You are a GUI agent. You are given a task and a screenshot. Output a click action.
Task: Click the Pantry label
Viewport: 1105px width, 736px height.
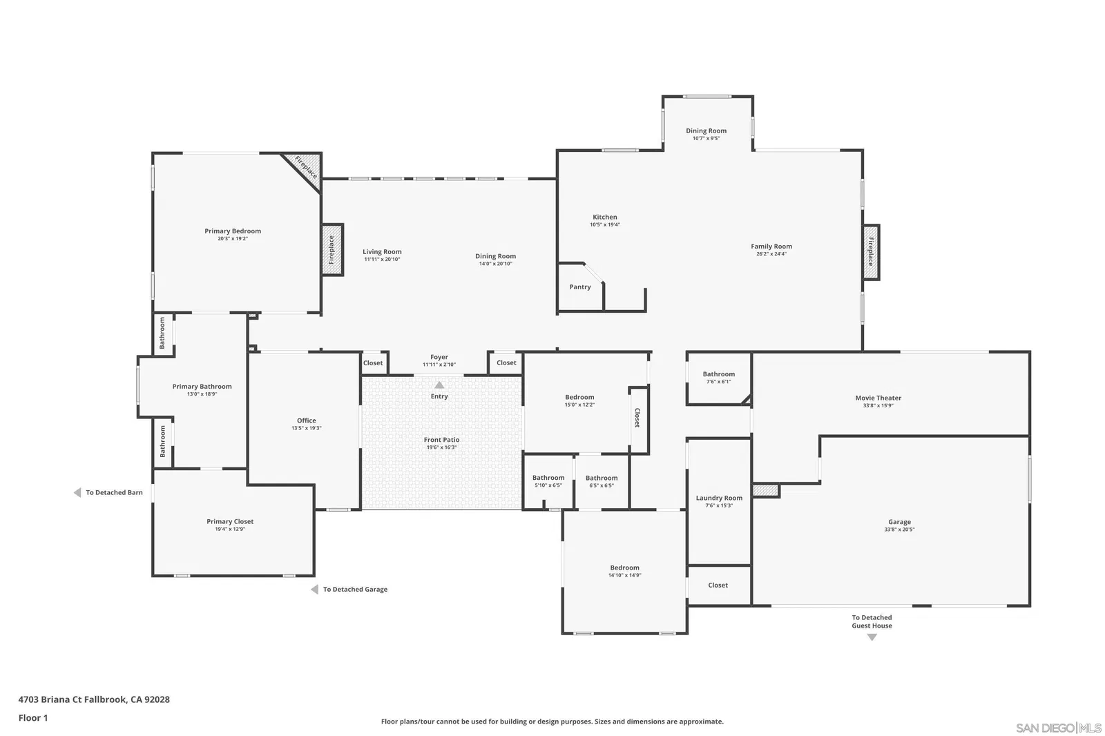[x=579, y=287]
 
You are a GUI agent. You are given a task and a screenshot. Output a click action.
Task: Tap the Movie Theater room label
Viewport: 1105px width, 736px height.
[x=878, y=398]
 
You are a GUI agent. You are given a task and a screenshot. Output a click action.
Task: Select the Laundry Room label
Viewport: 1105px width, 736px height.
[x=719, y=498]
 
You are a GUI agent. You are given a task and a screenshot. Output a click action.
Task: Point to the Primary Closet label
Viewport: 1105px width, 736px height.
[x=230, y=521]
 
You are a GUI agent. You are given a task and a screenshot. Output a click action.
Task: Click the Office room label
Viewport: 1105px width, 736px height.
[x=307, y=420]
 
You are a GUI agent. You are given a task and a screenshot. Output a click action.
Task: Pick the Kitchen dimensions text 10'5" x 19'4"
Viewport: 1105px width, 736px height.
[x=605, y=224]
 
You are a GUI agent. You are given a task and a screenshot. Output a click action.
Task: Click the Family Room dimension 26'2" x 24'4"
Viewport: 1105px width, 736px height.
[x=771, y=254]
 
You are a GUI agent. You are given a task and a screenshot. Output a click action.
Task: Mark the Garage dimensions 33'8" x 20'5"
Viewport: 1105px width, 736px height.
[x=899, y=530]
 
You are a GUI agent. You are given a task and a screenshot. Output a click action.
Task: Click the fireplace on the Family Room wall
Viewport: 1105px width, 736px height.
[x=871, y=251]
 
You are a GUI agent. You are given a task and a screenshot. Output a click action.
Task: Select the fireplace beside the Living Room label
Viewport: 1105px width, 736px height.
[x=332, y=250]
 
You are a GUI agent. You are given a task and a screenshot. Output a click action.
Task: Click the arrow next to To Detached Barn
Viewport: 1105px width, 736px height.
[x=77, y=492]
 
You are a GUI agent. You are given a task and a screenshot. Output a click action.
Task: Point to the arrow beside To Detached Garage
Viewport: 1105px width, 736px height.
[x=314, y=589]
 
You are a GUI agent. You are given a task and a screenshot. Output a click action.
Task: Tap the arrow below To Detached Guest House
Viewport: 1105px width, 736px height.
[x=872, y=637]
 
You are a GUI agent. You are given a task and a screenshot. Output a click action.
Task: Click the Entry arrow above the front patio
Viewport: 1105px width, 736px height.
[x=439, y=385]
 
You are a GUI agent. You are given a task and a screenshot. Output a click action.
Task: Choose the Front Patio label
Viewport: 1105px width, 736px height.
[x=441, y=440]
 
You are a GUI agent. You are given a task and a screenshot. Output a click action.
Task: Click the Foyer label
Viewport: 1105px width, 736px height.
[x=439, y=357]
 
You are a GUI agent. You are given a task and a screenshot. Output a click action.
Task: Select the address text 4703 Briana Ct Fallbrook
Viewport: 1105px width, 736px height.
[x=73, y=699]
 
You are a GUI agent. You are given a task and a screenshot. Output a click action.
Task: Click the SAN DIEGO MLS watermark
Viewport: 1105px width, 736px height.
[x=1058, y=728]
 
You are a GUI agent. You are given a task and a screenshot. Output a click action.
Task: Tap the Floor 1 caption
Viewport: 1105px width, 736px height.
[x=33, y=718]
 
